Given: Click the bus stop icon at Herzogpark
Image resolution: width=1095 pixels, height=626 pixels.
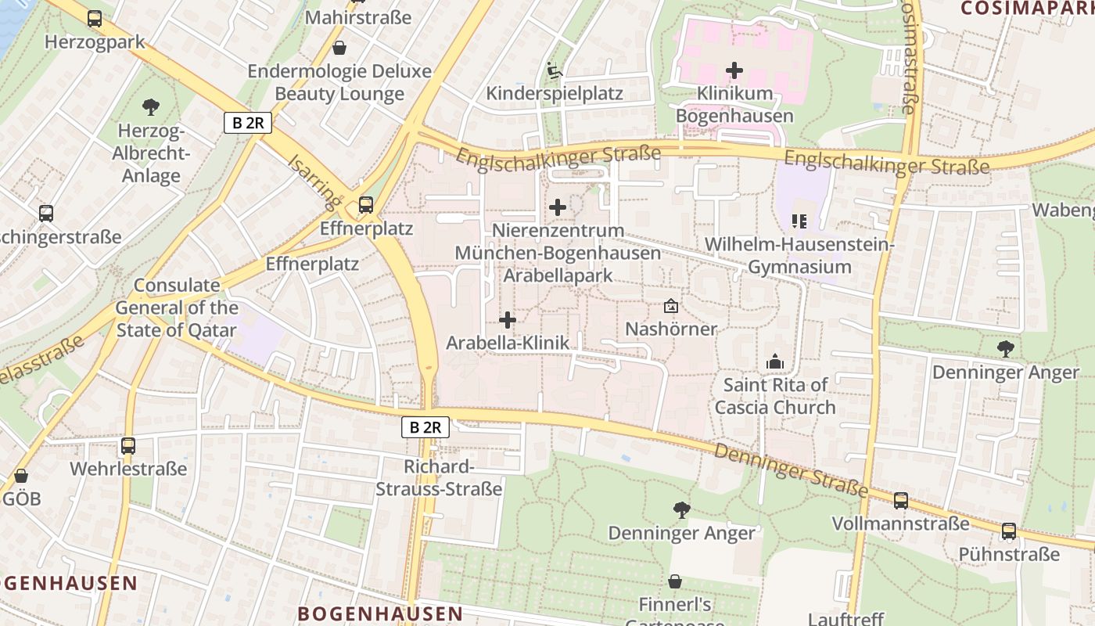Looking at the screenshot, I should [95, 19].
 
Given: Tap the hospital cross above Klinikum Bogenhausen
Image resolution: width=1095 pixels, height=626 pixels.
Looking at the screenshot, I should [734, 70].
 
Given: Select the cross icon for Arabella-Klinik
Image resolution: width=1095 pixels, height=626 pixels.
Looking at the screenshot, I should [508, 320].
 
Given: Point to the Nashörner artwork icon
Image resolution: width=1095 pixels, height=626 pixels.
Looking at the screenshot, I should [670, 306].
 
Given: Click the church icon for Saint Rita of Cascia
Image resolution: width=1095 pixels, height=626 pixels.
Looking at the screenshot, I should [775, 362].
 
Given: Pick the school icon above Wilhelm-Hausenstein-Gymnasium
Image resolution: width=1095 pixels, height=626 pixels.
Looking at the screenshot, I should [799, 221].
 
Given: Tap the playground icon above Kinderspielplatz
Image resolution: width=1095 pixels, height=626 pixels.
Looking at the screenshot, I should [555, 70].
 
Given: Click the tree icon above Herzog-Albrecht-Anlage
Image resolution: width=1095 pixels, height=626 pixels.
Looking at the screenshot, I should [151, 107].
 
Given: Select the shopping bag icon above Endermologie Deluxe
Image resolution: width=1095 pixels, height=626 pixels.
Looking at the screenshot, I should [339, 49].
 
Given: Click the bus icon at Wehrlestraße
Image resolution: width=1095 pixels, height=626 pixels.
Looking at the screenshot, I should [128, 446].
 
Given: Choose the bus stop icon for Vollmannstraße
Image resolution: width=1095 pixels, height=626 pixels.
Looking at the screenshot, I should [901, 501].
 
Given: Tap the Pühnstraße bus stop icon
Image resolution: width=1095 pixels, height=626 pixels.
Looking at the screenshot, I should [1009, 531].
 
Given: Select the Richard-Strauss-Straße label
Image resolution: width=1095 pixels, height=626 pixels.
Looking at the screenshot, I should [439, 478].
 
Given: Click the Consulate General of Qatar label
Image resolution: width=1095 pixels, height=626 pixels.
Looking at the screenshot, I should [176, 308].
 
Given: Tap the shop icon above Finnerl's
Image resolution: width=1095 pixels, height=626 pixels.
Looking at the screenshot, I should [674, 581].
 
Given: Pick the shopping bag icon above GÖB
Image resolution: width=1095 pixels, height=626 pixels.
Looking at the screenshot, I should [21, 476].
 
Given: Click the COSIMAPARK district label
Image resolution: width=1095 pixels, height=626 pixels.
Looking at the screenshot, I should [1026, 8].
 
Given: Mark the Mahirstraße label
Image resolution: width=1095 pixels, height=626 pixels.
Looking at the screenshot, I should [358, 17].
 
